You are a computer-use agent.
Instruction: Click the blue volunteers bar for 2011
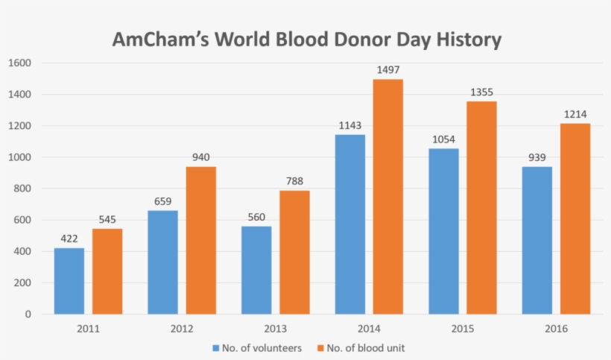tap(69, 281)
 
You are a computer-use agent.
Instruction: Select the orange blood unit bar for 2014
tap(388, 197)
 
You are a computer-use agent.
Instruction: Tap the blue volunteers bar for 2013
tap(256, 270)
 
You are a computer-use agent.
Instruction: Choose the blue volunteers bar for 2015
tap(444, 231)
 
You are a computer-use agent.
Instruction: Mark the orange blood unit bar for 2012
tap(201, 240)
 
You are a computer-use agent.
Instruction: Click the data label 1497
tap(388, 70)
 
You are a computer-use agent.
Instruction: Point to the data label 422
tap(69, 239)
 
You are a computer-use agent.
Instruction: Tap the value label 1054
tap(444, 139)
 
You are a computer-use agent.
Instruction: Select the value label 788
tap(294, 181)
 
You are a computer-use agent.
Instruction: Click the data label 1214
tap(575, 114)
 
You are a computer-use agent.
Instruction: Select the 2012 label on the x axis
tap(182, 329)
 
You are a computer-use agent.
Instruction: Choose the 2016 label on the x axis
tap(556, 329)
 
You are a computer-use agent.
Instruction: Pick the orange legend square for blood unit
tap(322, 348)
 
